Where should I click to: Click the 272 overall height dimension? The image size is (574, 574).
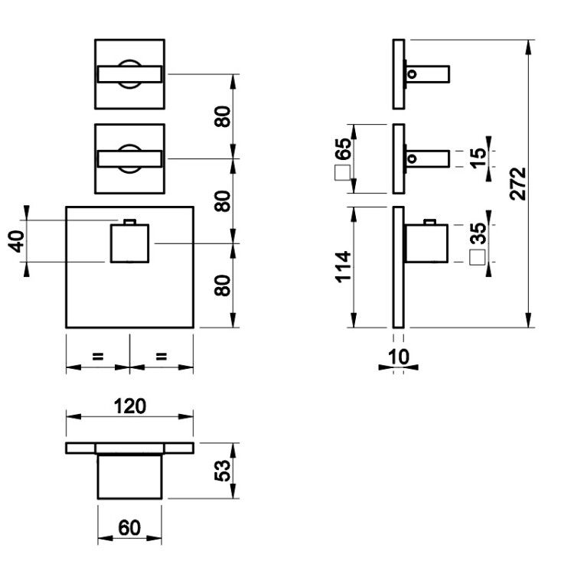pyautogui.click(x=517, y=184)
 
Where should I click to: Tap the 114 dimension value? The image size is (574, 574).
pyautogui.click(x=344, y=267)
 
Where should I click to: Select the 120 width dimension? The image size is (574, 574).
pyautogui.click(x=130, y=406)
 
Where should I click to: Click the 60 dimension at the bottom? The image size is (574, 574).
pyautogui.click(x=129, y=527)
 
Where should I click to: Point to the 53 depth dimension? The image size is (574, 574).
pyautogui.click(x=223, y=471)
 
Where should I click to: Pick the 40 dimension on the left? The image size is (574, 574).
pyautogui.click(x=17, y=241)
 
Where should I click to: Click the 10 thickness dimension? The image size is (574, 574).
pyautogui.click(x=398, y=357)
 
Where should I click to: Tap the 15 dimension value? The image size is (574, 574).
pyautogui.click(x=478, y=158)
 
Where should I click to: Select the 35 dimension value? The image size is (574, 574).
pyautogui.click(x=478, y=233)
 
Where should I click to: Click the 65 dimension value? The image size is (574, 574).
pyautogui.click(x=343, y=149)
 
